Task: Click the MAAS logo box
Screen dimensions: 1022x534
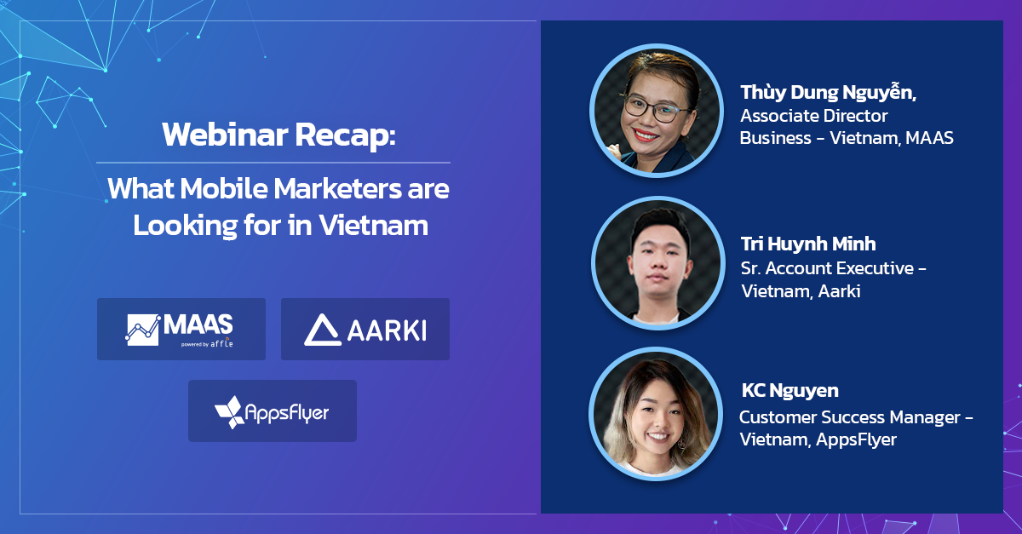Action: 181,329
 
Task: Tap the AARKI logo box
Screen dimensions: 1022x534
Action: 365,329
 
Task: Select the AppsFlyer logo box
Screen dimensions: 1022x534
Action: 273,411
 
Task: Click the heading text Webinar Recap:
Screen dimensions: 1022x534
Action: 278,135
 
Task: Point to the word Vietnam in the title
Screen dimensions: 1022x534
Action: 374,225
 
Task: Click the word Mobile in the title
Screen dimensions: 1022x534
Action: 223,188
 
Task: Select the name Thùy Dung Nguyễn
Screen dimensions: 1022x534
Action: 828,93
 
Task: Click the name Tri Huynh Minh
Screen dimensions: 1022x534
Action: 808,244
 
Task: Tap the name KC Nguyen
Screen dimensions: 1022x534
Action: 789,391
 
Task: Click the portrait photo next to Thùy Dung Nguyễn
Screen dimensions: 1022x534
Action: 657,110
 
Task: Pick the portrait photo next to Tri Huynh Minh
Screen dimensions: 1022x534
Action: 657,263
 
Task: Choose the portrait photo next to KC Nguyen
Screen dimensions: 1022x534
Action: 656,414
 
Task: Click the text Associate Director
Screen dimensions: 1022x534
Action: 813,116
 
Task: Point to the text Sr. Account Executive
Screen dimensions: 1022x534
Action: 827,268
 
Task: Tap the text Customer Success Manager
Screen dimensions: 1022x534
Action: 850,417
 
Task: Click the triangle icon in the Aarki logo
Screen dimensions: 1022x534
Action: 323,330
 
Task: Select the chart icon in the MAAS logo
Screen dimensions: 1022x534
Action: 143,330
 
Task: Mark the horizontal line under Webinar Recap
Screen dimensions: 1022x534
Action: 273,163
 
